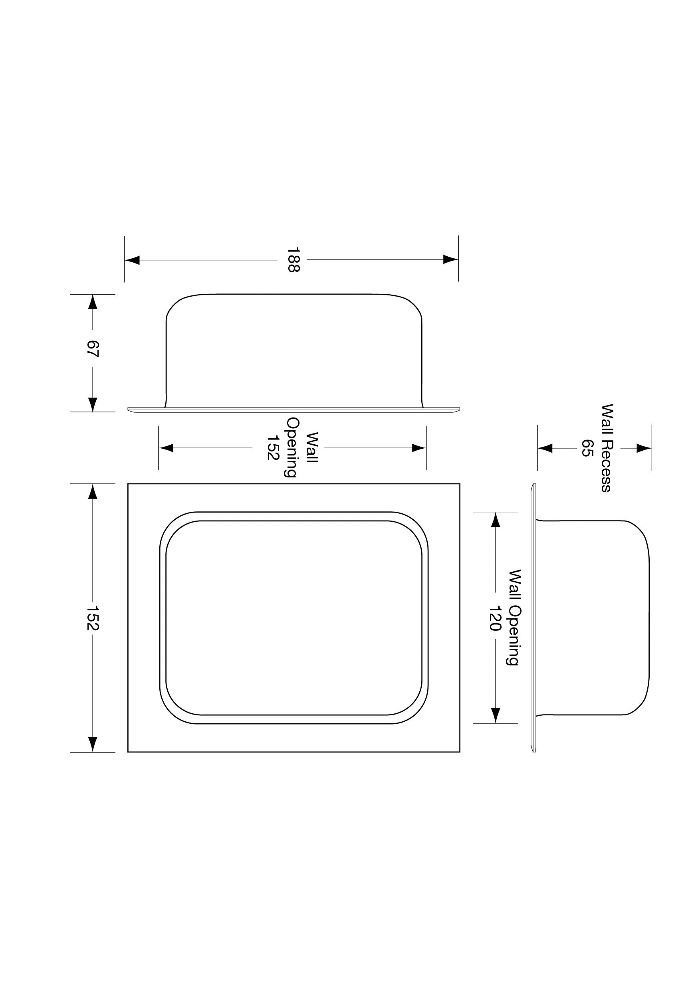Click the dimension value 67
92,348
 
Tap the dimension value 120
495,618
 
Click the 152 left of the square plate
92,618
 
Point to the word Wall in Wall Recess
606,416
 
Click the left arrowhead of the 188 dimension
133,260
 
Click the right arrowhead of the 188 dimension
450,259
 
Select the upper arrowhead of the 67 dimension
92,302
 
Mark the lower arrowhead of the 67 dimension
92,404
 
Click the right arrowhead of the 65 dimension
643,448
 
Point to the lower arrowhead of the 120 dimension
495,715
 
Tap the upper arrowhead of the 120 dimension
495,520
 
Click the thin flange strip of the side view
533,618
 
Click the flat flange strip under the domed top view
293,409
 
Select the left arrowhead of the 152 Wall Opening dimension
166,448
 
